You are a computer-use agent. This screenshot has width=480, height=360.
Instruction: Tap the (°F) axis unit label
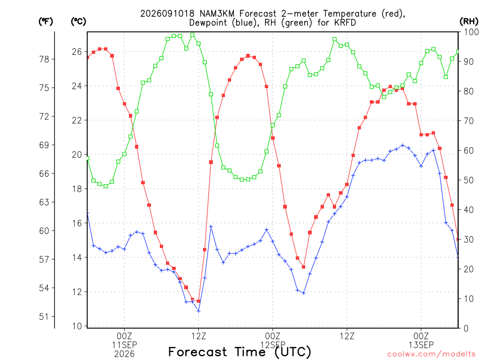(45, 22)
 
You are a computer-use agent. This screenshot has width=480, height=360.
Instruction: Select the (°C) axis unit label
(78, 22)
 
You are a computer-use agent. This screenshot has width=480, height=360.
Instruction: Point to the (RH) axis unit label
(469, 22)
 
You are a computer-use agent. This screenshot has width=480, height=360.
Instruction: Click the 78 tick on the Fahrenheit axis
(44, 59)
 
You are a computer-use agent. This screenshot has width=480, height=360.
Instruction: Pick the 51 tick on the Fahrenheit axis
(44, 316)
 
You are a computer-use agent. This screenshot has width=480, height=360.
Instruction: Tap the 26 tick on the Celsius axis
(77, 52)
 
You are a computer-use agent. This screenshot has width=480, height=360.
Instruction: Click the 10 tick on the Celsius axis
(77, 326)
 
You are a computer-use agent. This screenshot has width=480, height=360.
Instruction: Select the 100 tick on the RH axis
(471, 32)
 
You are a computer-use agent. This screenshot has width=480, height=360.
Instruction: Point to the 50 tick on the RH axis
(469, 180)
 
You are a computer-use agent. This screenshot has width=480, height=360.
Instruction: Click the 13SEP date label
(421, 345)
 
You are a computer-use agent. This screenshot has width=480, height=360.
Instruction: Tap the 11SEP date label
(124, 345)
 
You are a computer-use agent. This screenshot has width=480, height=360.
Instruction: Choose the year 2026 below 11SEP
(124, 354)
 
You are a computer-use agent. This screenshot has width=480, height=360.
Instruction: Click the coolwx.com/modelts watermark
(431, 354)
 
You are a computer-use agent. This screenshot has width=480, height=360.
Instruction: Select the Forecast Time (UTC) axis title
(240, 352)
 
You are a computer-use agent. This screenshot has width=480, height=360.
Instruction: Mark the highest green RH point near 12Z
(192, 35)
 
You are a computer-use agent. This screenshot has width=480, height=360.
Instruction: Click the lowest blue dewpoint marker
(198, 311)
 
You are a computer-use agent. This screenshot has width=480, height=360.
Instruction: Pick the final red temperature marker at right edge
(458, 239)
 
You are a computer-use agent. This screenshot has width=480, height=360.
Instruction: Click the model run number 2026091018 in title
(167, 14)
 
